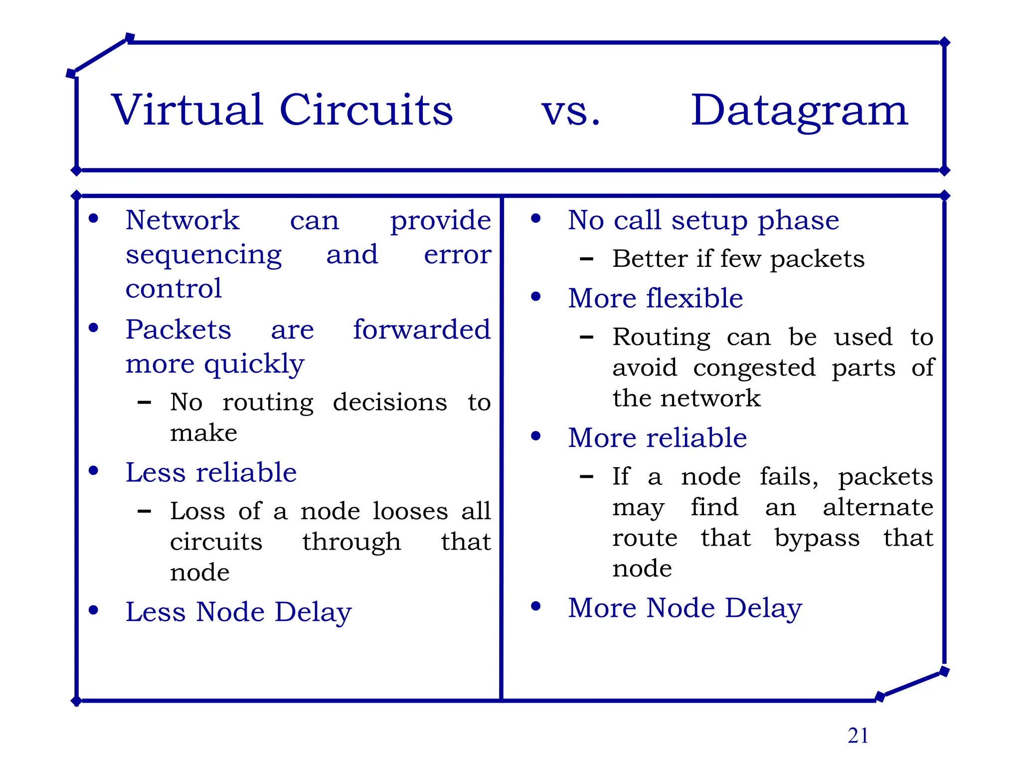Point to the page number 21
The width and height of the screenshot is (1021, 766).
(x=858, y=736)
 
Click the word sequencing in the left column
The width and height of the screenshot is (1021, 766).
(x=203, y=256)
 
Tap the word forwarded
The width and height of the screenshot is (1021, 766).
(x=422, y=330)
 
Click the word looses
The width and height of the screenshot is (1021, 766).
(x=410, y=511)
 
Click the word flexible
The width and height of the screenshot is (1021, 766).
(x=694, y=298)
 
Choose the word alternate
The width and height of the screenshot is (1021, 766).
(x=878, y=508)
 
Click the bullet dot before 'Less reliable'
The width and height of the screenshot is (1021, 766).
(x=93, y=471)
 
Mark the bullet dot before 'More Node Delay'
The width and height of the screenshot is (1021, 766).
(x=536, y=606)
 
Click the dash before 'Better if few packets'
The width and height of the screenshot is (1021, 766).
(x=586, y=259)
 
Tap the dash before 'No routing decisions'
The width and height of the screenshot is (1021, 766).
(x=144, y=402)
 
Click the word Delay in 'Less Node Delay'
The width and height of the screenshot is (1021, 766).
(x=313, y=613)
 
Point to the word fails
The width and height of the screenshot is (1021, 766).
(x=789, y=477)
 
